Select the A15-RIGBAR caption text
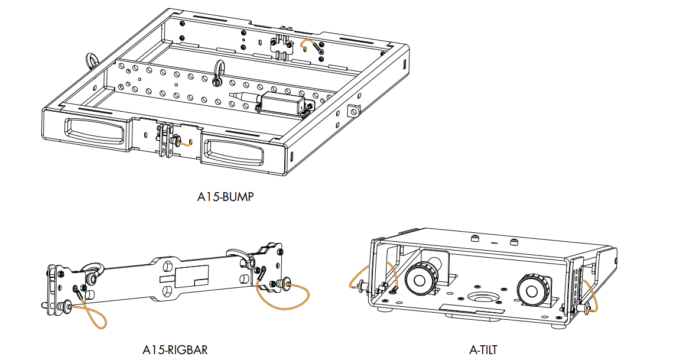tap(175, 350)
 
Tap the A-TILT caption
tap(483, 350)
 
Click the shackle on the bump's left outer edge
tap(92, 60)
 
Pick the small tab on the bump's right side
tap(354, 111)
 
